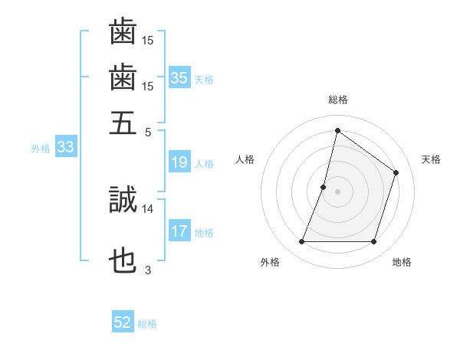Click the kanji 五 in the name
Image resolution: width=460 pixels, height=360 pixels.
123,122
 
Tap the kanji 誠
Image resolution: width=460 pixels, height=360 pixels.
123,200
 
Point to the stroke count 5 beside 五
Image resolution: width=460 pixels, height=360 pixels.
148,131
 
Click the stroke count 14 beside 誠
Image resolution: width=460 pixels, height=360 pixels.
148,208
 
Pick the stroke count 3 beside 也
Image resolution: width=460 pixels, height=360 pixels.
148,270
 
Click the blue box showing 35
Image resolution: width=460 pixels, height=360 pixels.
179,77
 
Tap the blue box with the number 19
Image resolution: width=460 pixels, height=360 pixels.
179,162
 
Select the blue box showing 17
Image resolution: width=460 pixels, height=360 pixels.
179,231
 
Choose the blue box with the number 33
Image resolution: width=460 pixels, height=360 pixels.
64,148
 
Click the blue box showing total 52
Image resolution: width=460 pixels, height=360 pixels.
123,322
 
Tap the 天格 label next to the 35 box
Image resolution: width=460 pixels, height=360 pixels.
204,79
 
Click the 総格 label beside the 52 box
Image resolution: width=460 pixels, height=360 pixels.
147,324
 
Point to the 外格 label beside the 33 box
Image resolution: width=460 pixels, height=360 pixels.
41,149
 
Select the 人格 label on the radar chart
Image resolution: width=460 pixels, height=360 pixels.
245,159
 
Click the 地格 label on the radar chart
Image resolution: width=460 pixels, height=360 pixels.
402,263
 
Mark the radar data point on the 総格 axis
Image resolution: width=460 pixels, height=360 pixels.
337,130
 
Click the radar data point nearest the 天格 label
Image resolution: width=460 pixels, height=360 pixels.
396,172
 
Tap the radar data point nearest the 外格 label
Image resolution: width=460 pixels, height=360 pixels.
301,242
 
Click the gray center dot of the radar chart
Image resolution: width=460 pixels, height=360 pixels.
337,191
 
